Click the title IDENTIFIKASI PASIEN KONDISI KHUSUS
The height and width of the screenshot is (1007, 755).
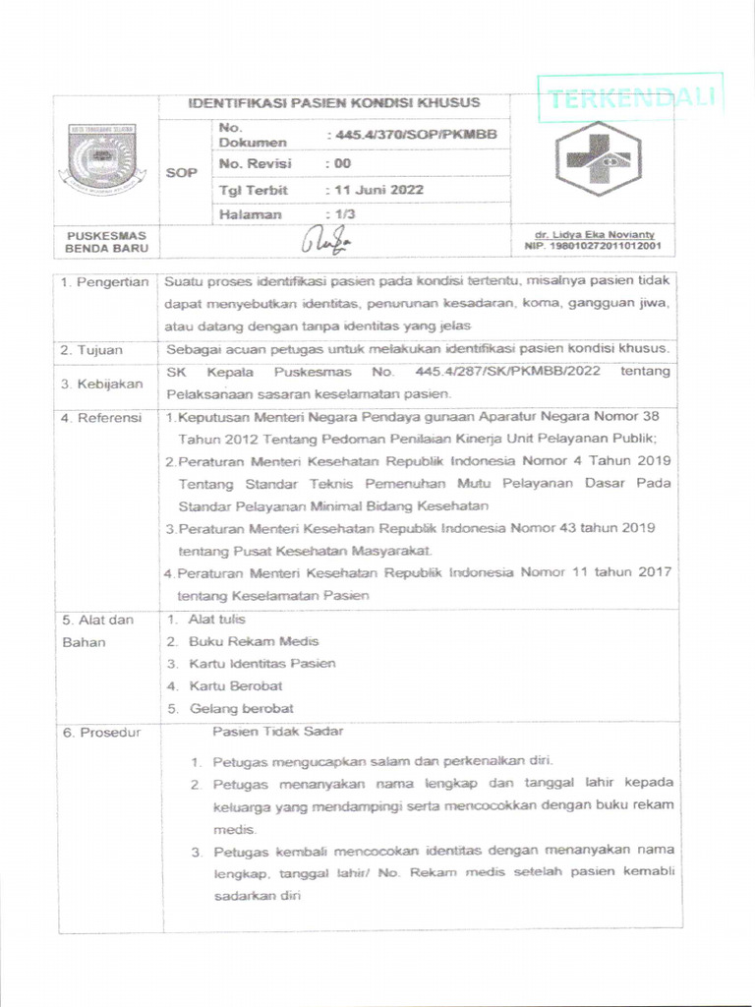pos(334,102)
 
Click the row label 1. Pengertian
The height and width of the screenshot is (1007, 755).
pos(104,281)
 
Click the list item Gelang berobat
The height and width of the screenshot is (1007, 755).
pos(241,708)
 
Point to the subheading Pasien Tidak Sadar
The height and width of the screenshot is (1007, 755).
pos(278,731)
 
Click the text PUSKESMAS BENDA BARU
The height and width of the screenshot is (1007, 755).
pos(105,241)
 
